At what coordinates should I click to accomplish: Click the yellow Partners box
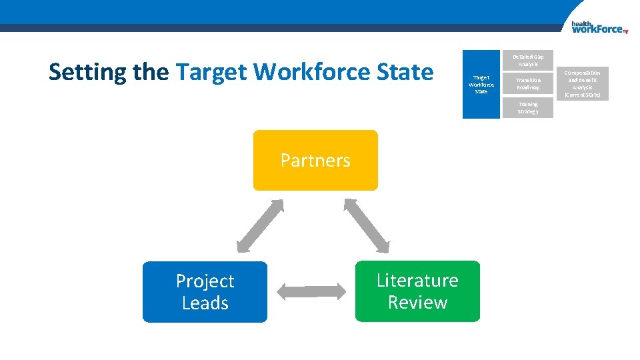pyautogui.click(x=315, y=160)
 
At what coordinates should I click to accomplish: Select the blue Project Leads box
pyautogui.click(x=205, y=292)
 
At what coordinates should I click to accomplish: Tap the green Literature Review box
pyautogui.click(x=417, y=291)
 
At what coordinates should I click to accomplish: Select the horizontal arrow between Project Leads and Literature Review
pyautogui.click(x=311, y=291)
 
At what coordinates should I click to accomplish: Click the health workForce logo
pyautogui.click(x=599, y=27)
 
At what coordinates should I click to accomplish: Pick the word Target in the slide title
pyautogui.click(x=212, y=71)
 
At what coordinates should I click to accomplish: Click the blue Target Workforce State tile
pyautogui.click(x=481, y=85)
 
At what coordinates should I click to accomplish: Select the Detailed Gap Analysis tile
pyautogui.click(x=527, y=60)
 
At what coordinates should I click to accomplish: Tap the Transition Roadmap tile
pyautogui.click(x=527, y=84)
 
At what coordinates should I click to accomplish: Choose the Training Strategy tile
pyautogui.click(x=527, y=108)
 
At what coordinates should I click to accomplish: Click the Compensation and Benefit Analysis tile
pyautogui.click(x=582, y=84)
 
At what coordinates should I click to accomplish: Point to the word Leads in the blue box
pyautogui.click(x=205, y=303)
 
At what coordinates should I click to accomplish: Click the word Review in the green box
pyautogui.click(x=417, y=303)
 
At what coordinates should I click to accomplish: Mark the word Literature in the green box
pyautogui.click(x=417, y=280)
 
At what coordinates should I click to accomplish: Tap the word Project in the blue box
pyautogui.click(x=205, y=281)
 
